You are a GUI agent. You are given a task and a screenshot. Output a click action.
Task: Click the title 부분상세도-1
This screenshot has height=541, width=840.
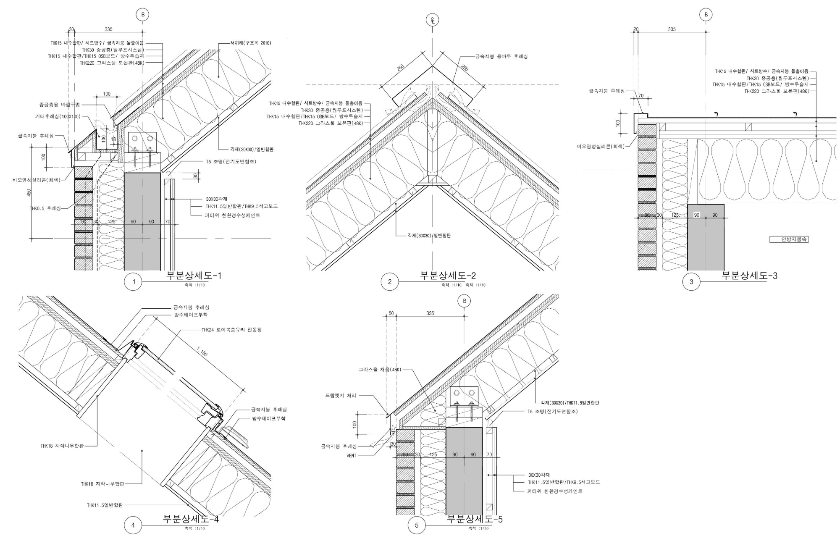[194, 276]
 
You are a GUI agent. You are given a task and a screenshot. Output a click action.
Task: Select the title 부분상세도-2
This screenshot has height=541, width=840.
[448, 276]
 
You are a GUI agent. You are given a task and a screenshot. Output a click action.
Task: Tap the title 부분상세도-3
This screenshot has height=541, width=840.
[749, 276]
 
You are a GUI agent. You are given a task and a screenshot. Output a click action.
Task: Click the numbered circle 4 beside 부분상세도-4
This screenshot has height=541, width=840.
[133, 525]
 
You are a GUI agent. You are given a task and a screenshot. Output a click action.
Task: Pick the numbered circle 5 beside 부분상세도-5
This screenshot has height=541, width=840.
[417, 525]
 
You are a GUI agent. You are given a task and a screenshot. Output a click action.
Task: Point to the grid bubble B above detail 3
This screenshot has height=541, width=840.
[706, 15]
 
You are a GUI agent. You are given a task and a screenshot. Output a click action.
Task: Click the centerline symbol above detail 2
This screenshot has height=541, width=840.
[433, 20]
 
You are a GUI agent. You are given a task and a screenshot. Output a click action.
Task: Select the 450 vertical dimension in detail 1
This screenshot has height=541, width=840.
[29, 192]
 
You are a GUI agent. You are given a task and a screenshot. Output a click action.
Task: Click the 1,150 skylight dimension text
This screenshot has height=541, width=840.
[202, 351]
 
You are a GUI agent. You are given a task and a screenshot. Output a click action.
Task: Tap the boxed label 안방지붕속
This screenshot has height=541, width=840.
[788, 239]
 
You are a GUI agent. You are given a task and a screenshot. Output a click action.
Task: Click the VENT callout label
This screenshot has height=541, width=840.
[351, 456]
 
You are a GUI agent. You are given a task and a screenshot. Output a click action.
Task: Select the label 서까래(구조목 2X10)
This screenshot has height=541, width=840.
[251, 43]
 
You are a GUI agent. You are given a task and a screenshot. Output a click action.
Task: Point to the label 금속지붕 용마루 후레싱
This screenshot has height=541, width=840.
[501, 56]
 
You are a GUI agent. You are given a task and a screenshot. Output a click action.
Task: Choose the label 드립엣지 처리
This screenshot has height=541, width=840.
[340, 396]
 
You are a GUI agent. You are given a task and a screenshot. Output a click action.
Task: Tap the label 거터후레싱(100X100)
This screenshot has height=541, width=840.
[58, 116]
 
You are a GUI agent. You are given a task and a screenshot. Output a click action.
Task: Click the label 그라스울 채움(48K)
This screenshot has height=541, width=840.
[380, 370]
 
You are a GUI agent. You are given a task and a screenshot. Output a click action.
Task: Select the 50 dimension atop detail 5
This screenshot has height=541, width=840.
[391, 313]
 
